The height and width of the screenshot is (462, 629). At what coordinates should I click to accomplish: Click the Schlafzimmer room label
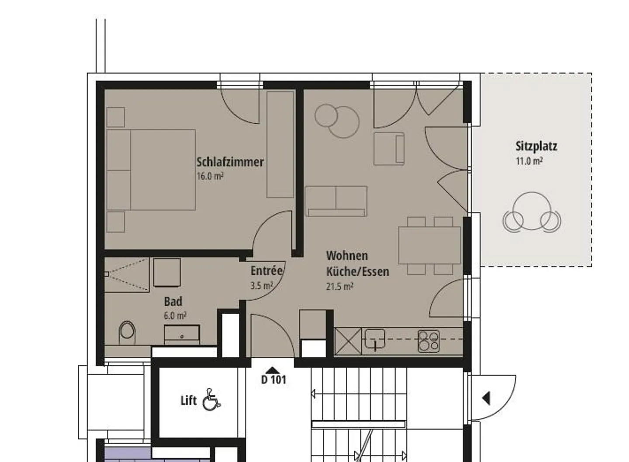[230, 162]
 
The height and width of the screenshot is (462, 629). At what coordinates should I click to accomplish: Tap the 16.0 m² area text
[210, 176]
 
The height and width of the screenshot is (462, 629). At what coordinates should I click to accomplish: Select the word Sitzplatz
[536, 147]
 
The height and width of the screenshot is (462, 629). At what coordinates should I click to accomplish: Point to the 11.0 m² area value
[529, 161]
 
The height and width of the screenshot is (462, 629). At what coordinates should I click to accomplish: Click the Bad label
[173, 301]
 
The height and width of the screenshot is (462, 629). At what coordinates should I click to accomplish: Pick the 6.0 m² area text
[175, 316]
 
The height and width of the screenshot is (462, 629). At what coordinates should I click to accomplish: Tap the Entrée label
[266, 270]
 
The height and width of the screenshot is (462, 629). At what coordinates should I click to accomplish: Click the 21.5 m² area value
[340, 286]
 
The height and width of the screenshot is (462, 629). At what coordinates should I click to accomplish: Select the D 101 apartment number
[273, 380]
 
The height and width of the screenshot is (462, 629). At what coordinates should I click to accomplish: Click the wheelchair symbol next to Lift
[211, 400]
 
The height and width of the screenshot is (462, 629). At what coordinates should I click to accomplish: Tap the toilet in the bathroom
[127, 333]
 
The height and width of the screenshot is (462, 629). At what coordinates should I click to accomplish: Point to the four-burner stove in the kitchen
[429, 341]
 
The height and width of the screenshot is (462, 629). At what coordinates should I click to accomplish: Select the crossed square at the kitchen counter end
[348, 342]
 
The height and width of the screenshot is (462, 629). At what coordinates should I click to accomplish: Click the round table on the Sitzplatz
[532, 211]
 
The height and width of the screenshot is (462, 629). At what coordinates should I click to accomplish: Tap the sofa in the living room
[336, 201]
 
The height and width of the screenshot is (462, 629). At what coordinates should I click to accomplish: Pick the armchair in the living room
[389, 149]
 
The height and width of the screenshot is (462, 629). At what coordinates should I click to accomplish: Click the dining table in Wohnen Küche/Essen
[430, 246]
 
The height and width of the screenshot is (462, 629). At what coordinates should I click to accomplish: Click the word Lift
[188, 400]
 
